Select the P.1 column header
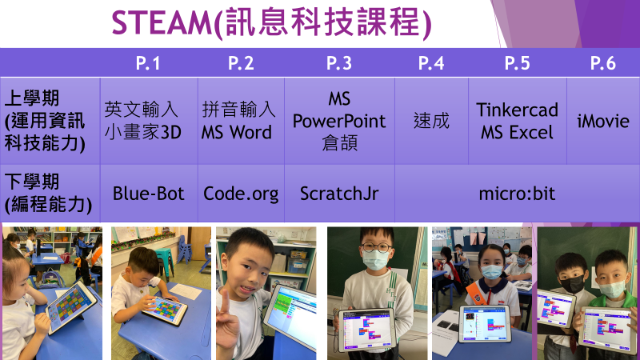click(x=148, y=63)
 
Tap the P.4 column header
click(x=431, y=63)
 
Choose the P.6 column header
click(x=603, y=63)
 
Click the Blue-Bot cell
click(x=149, y=194)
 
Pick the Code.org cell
click(x=241, y=194)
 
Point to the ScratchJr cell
click(x=339, y=194)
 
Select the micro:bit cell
click(x=517, y=194)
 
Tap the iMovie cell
click(x=603, y=122)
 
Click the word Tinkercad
click(x=517, y=110)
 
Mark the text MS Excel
click(x=517, y=132)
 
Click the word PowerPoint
click(x=339, y=122)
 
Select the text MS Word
click(x=237, y=132)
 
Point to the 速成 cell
click(x=431, y=122)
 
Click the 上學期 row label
click(x=32, y=98)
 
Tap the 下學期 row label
click(x=32, y=182)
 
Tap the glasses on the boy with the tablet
click(x=376, y=246)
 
